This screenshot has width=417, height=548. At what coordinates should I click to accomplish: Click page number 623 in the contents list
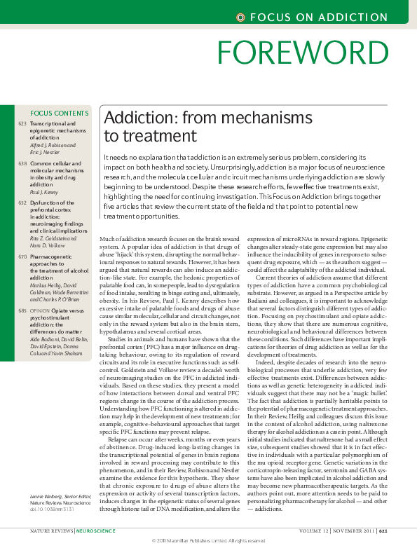[x=22, y=123]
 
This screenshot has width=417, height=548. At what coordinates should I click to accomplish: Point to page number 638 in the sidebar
[x=22, y=163]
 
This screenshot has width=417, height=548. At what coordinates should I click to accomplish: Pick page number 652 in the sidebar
[x=22, y=203]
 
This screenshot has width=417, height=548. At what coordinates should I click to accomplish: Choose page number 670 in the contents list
[x=22, y=257]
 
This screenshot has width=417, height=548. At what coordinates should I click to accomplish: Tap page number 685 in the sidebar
[x=22, y=309]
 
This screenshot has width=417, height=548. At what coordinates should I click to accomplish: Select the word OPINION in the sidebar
[x=40, y=309]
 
